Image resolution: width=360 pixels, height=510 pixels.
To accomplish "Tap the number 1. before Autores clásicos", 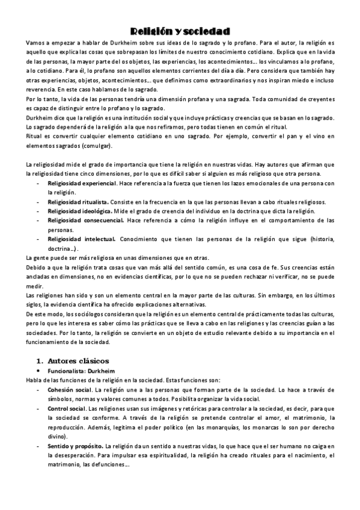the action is (40, 361).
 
